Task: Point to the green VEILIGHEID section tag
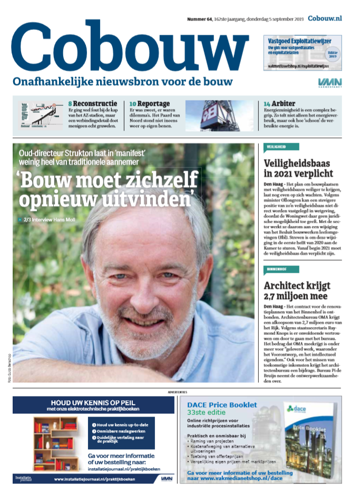coord(281,148)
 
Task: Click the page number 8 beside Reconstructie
coord(70,103)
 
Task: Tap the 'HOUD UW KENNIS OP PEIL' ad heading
coord(93,402)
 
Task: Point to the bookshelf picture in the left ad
coord(55,444)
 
